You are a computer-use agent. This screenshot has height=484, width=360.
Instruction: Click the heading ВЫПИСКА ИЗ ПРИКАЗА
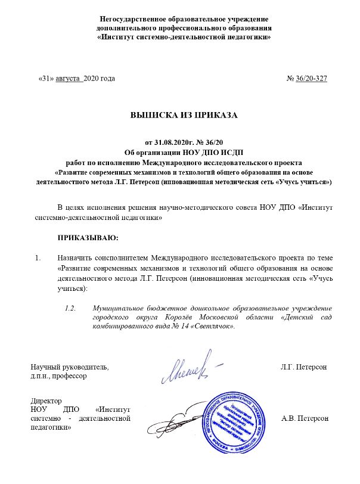[184, 116]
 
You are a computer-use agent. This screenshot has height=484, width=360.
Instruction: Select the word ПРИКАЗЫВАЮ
[88, 238]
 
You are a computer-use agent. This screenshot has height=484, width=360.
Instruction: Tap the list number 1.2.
[71, 308]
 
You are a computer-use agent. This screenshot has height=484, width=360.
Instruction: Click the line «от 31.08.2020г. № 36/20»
[184, 144]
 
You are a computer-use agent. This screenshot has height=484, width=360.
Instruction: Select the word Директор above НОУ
[44, 401]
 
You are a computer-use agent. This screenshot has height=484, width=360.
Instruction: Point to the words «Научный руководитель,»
[69, 366]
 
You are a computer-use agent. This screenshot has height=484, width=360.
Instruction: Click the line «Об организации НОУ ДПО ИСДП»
[184, 153]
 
